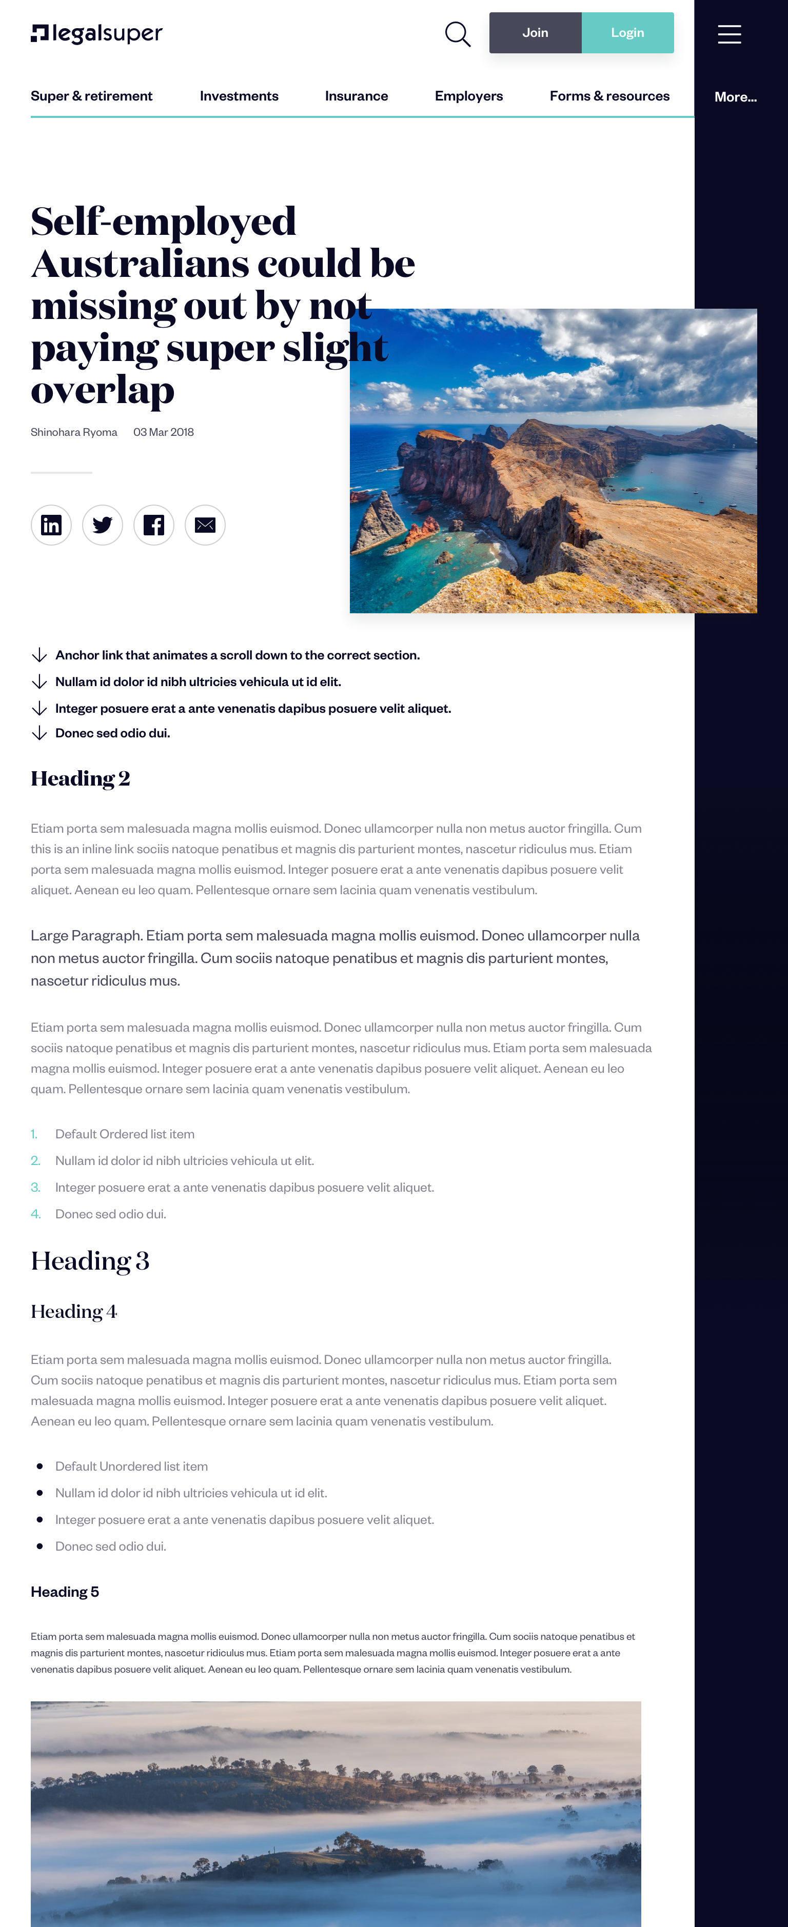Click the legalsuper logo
(x=96, y=34)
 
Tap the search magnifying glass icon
(x=457, y=34)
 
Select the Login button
(x=627, y=33)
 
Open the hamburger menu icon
(x=729, y=34)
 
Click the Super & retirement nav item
(x=91, y=96)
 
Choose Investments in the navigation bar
(x=239, y=96)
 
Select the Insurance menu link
(x=356, y=96)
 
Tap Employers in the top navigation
(x=468, y=96)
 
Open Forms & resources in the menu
(x=609, y=96)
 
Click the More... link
(x=735, y=96)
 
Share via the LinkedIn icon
(x=51, y=525)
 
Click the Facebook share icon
(x=153, y=525)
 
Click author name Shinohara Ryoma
(x=74, y=432)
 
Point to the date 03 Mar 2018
(x=163, y=432)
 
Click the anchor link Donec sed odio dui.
(x=112, y=733)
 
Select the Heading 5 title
(x=64, y=1592)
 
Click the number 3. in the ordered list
(x=35, y=1187)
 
